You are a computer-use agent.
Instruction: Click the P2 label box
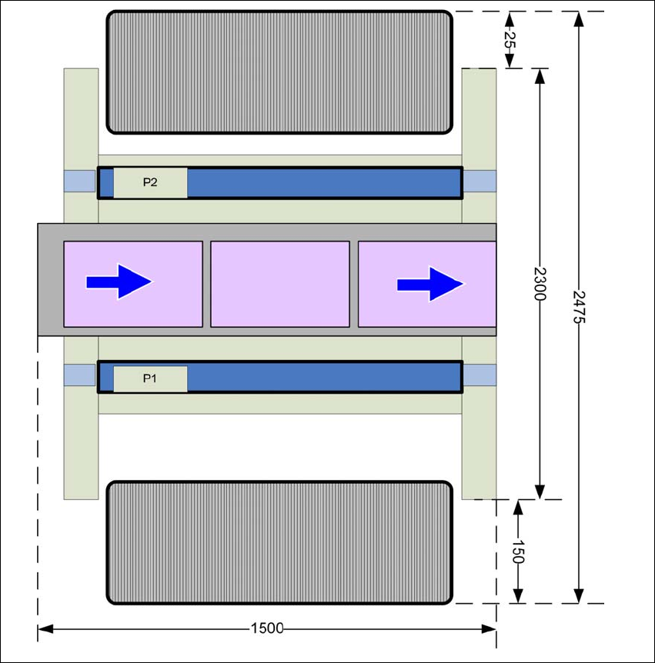click(x=150, y=183)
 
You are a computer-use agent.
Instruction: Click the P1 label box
click(x=150, y=378)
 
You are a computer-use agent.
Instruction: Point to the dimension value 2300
click(x=540, y=284)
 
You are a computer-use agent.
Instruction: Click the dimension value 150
click(x=518, y=551)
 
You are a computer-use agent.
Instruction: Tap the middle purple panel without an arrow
click(x=279, y=284)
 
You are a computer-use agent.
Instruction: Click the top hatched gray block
click(x=279, y=72)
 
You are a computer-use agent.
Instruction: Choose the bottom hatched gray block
click(x=279, y=542)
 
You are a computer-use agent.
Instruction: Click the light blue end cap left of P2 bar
click(x=80, y=182)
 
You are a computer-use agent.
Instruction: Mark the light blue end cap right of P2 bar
click(x=479, y=182)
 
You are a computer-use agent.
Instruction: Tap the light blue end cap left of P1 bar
click(x=80, y=376)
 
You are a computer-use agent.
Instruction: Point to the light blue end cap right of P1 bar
click(x=479, y=376)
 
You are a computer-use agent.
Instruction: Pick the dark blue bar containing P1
click(x=323, y=377)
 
